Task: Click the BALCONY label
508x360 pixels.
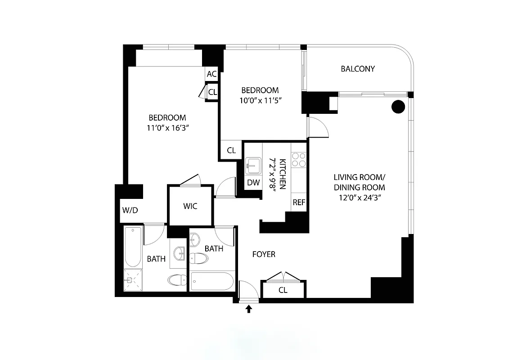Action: point(358,69)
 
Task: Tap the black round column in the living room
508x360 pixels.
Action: point(398,107)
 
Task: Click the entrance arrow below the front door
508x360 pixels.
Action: point(249,309)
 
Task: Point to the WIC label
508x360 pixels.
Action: point(190,207)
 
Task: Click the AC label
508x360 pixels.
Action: point(211,74)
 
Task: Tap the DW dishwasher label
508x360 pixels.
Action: point(253,183)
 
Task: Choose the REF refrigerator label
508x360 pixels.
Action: point(299,202)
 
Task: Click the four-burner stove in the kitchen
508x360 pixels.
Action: point(299,160)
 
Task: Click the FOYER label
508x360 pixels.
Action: point(264,254)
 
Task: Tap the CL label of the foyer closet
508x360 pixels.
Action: point(283,290)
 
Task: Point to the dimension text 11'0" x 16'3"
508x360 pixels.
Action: point(167,128)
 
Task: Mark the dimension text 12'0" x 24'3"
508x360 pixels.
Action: point(359,197)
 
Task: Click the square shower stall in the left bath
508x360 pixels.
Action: point(132,280)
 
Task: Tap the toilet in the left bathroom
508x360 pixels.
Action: point(177,280)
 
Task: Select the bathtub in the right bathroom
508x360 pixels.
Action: point(212,282)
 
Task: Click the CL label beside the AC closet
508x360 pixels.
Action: point(212,92)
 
